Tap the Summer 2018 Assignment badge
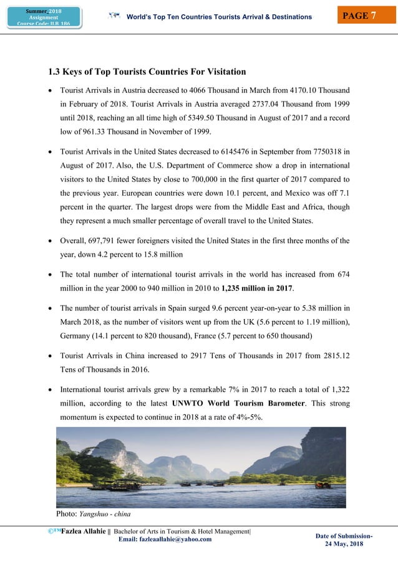[x=44, y=17]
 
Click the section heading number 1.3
[x=47, y=72]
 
